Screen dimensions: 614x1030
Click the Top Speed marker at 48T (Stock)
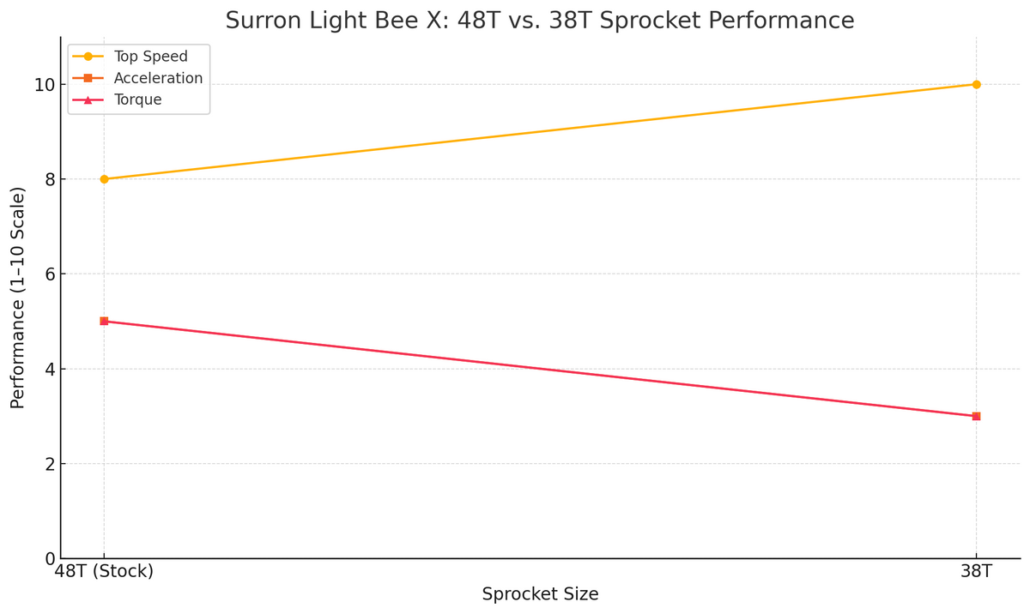tap(104, 179)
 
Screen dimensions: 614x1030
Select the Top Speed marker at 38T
tap(976, 84)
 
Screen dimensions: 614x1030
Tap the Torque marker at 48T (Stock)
tap(104, 322)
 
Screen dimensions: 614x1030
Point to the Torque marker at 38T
tap(976, 416)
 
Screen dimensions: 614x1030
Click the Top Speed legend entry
tap(150, 57)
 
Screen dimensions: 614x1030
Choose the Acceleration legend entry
tap(158, 78)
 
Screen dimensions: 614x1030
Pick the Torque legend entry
tap(137, 99)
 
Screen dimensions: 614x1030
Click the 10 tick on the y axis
tap(44, 85)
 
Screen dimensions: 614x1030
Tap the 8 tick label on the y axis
tap(49, 179)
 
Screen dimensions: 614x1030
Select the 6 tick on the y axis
tap(49, 274)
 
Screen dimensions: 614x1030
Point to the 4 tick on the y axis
tap(49, 370)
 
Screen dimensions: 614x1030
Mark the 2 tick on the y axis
tap(49, 464)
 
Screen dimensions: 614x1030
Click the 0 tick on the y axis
tap(49, 559)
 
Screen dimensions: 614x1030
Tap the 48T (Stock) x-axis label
tap(104, 571)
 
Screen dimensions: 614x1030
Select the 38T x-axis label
tap(976, 571)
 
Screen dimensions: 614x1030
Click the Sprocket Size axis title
tap(540, 594)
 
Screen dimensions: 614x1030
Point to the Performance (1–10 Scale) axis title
tap(18, 298)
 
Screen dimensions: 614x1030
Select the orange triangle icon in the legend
tap(88, 99)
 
